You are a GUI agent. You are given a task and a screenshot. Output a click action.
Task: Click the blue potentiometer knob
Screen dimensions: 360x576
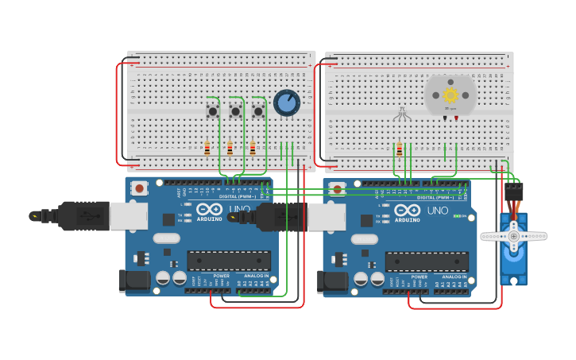point(287,103)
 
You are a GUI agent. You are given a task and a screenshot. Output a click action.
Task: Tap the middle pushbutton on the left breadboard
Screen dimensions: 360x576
point(235,111)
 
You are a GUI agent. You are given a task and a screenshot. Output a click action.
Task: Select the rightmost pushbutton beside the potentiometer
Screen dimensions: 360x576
point(258,111)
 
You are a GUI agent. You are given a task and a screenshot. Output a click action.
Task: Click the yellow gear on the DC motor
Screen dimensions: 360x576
point(450,95)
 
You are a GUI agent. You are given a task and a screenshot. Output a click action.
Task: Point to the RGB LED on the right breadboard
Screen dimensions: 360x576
point(401,114)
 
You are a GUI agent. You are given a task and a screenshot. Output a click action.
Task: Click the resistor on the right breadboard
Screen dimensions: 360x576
point(399,149)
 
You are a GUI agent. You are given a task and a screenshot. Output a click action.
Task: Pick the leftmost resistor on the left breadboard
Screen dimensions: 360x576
point(207,149)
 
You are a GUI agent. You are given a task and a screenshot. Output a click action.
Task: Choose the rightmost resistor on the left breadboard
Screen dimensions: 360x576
point(253,149)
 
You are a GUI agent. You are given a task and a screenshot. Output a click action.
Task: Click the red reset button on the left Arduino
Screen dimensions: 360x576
point(140,188)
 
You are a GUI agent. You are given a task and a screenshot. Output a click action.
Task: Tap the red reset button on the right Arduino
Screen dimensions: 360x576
point(338,190)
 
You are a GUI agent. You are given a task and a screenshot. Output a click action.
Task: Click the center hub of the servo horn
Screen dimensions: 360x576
point(513,236)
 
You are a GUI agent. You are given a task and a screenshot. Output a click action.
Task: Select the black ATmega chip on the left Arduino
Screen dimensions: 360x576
point(229,261)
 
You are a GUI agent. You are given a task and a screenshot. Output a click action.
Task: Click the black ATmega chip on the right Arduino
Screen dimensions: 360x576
point(427,261)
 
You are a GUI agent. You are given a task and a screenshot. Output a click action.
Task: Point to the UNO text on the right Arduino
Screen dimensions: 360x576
point(438,211)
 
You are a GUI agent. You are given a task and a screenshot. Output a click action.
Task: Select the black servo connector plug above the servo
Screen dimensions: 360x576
point(514,192)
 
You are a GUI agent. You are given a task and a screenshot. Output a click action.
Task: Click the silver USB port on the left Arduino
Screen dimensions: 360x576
point(128,215)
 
